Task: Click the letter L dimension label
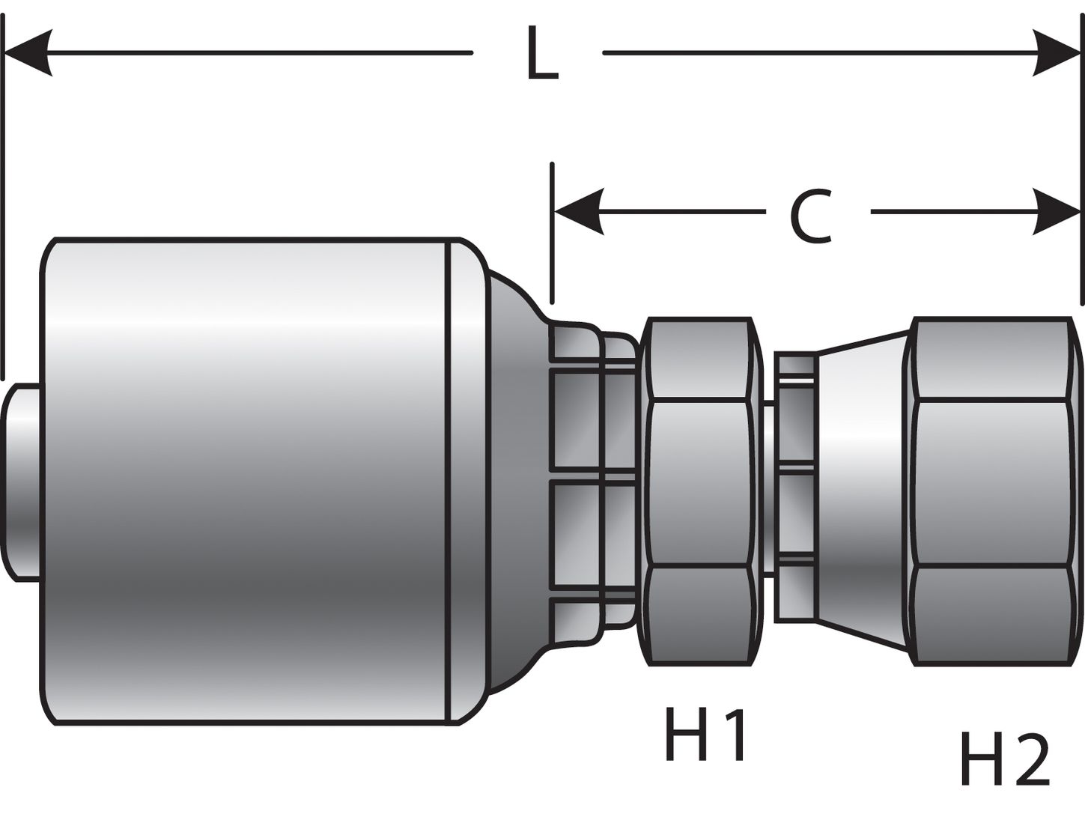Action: pyautogui.click(x=542, y=53)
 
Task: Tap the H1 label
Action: pyautogui.click(x=705, y=735)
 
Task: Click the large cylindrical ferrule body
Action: pyautogui.click(x=247, y=479)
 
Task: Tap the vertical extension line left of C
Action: pyautogui.click(x=552, y=232)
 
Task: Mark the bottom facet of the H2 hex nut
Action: pyautogui.click(x=992, y=603)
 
